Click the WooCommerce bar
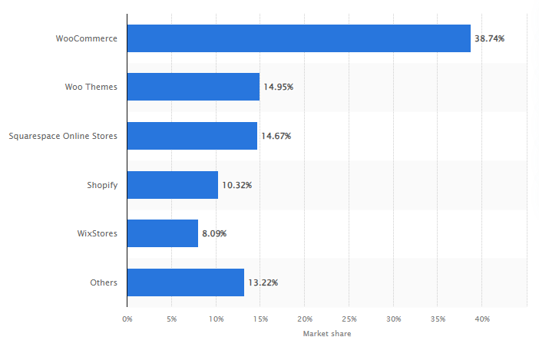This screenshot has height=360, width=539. (x=299, y=38)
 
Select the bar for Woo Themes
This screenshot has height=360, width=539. (x=193, y=87)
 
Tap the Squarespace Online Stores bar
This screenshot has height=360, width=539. (x=192, y=136)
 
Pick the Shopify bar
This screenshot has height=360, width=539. (x=173, y=185)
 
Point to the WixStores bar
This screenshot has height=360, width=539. (x=163, y=233)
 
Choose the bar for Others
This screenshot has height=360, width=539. (x=186, y=282)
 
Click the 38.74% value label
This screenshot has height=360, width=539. (x=489, y=38)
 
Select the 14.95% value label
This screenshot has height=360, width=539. (x=278, y=87)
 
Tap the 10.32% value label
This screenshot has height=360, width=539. (x=236, y=185)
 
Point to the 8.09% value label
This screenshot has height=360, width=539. (x=214, y=233)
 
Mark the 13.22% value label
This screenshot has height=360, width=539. (x=263, y=282)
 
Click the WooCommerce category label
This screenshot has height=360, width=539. (x=87, y=38)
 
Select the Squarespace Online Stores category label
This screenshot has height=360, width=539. (x=63, y=136)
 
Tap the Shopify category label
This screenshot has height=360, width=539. (x=102, y=185)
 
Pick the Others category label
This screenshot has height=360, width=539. (x=104, y=282)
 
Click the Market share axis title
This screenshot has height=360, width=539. (x=327, y=334)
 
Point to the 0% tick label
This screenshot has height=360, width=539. (x=127, y=318)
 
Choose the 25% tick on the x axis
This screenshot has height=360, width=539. (x=349, y=318)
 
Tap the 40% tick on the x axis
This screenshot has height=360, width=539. (x=483, y=318)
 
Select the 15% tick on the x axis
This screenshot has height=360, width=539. (x=260, y=318)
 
